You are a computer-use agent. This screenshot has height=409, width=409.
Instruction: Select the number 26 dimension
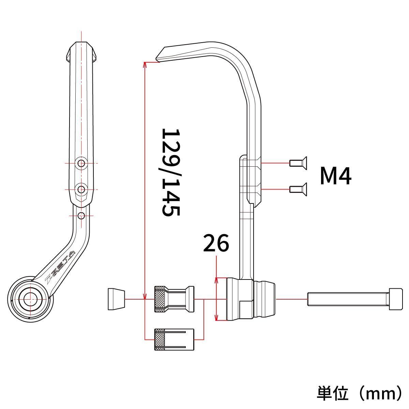[216, 243]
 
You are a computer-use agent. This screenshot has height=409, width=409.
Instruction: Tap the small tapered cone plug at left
[116, 299]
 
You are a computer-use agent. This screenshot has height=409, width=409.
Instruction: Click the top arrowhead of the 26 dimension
[216, 280]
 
